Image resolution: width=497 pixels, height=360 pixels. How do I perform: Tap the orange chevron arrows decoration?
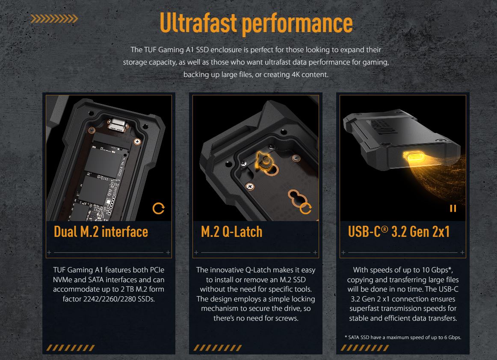(54, 18)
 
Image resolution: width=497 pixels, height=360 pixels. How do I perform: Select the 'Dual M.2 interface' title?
(101, 232)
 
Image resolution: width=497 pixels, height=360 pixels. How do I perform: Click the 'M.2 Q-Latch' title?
(231, 232)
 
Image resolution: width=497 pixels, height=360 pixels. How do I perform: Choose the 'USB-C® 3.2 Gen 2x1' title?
(399, 232)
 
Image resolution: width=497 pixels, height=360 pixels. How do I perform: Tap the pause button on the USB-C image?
(453, 208)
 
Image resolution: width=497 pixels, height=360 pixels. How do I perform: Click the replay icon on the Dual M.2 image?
(158, 208)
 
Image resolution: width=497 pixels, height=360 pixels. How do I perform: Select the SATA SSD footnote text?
(402, 337)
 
